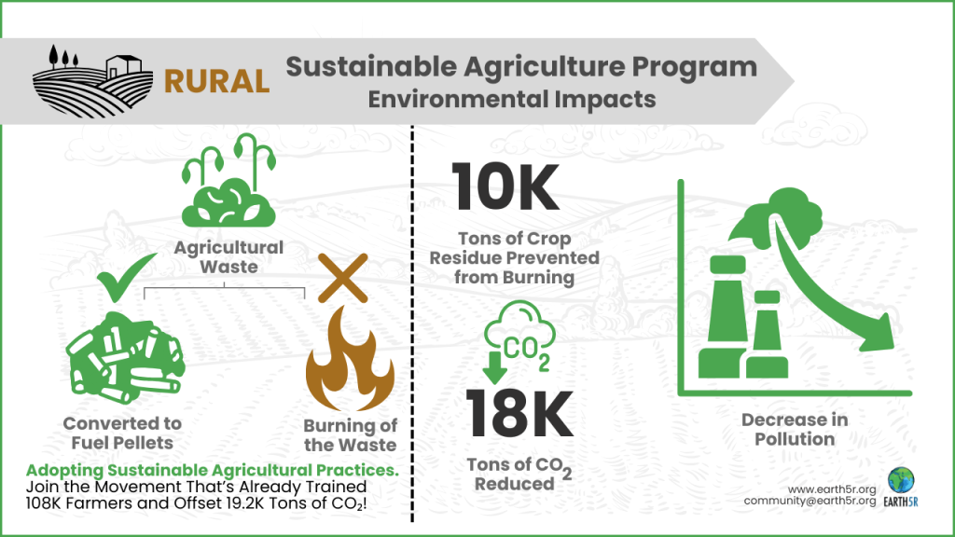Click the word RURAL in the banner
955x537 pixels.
click(216, 79)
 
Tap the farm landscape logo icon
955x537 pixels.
click(93, 79)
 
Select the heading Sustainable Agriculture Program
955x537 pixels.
click(520, 66)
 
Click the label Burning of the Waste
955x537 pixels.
click(351, 435)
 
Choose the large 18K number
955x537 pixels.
click(519, 413)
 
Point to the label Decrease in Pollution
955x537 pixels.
click(795, 429)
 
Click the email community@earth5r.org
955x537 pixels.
click(810, 501)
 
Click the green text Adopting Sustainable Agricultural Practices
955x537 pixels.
click(213, 470)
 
